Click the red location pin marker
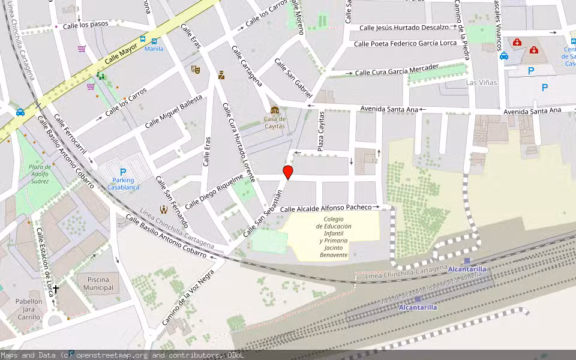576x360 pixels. (x=288, y=172)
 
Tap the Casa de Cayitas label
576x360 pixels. (x=275, y=122)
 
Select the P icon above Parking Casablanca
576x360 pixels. (x=123, y=172)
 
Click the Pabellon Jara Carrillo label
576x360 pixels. (x=29, y=309)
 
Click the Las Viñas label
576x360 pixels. (x=482, y=82)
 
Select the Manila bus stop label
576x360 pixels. (x=154, y=49)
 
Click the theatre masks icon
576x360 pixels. (x=195, y=69)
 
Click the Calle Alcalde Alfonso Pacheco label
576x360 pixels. (x=326, y=208)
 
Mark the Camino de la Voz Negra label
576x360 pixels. (x=188, y=298)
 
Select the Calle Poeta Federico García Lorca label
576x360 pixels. (x=414, y=43)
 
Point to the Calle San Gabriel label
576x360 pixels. (x=293, y=78)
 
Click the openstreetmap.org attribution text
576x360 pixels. (x=112, y=355)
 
